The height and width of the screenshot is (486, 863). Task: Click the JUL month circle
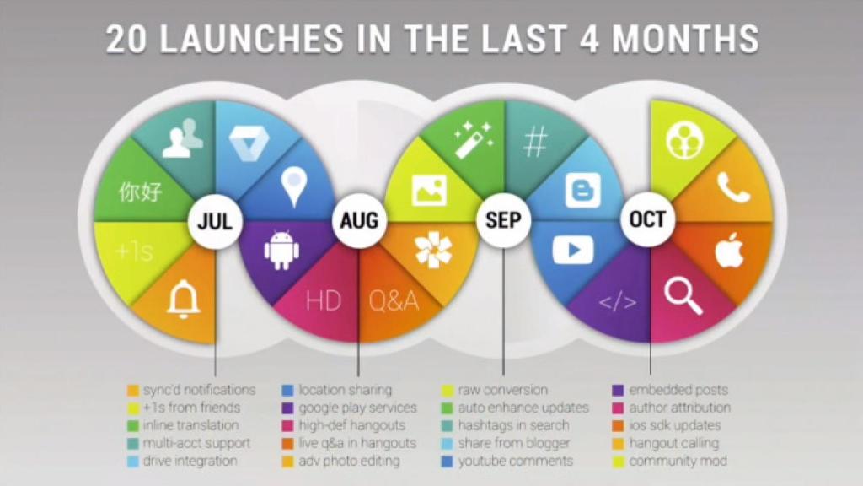point(215,222)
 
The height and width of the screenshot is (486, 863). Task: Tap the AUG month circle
point(359,222)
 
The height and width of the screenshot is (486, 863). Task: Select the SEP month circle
point(503,222)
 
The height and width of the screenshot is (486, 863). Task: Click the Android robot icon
point(282,251)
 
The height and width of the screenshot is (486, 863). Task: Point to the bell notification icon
point(183,296)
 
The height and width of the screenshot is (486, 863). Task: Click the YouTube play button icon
point(572,250)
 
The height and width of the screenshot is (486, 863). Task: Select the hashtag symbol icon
point(535,143)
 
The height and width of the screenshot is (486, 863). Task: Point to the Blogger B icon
point(583,190)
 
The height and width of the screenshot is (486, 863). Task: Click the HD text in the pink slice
point(323,300)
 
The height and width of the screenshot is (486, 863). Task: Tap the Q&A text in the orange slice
point(393,300)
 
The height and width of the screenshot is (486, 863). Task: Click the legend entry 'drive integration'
point(190,461)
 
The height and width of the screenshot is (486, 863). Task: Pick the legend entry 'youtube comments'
point(515,461)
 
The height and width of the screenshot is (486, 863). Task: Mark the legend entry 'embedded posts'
point(678,390)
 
